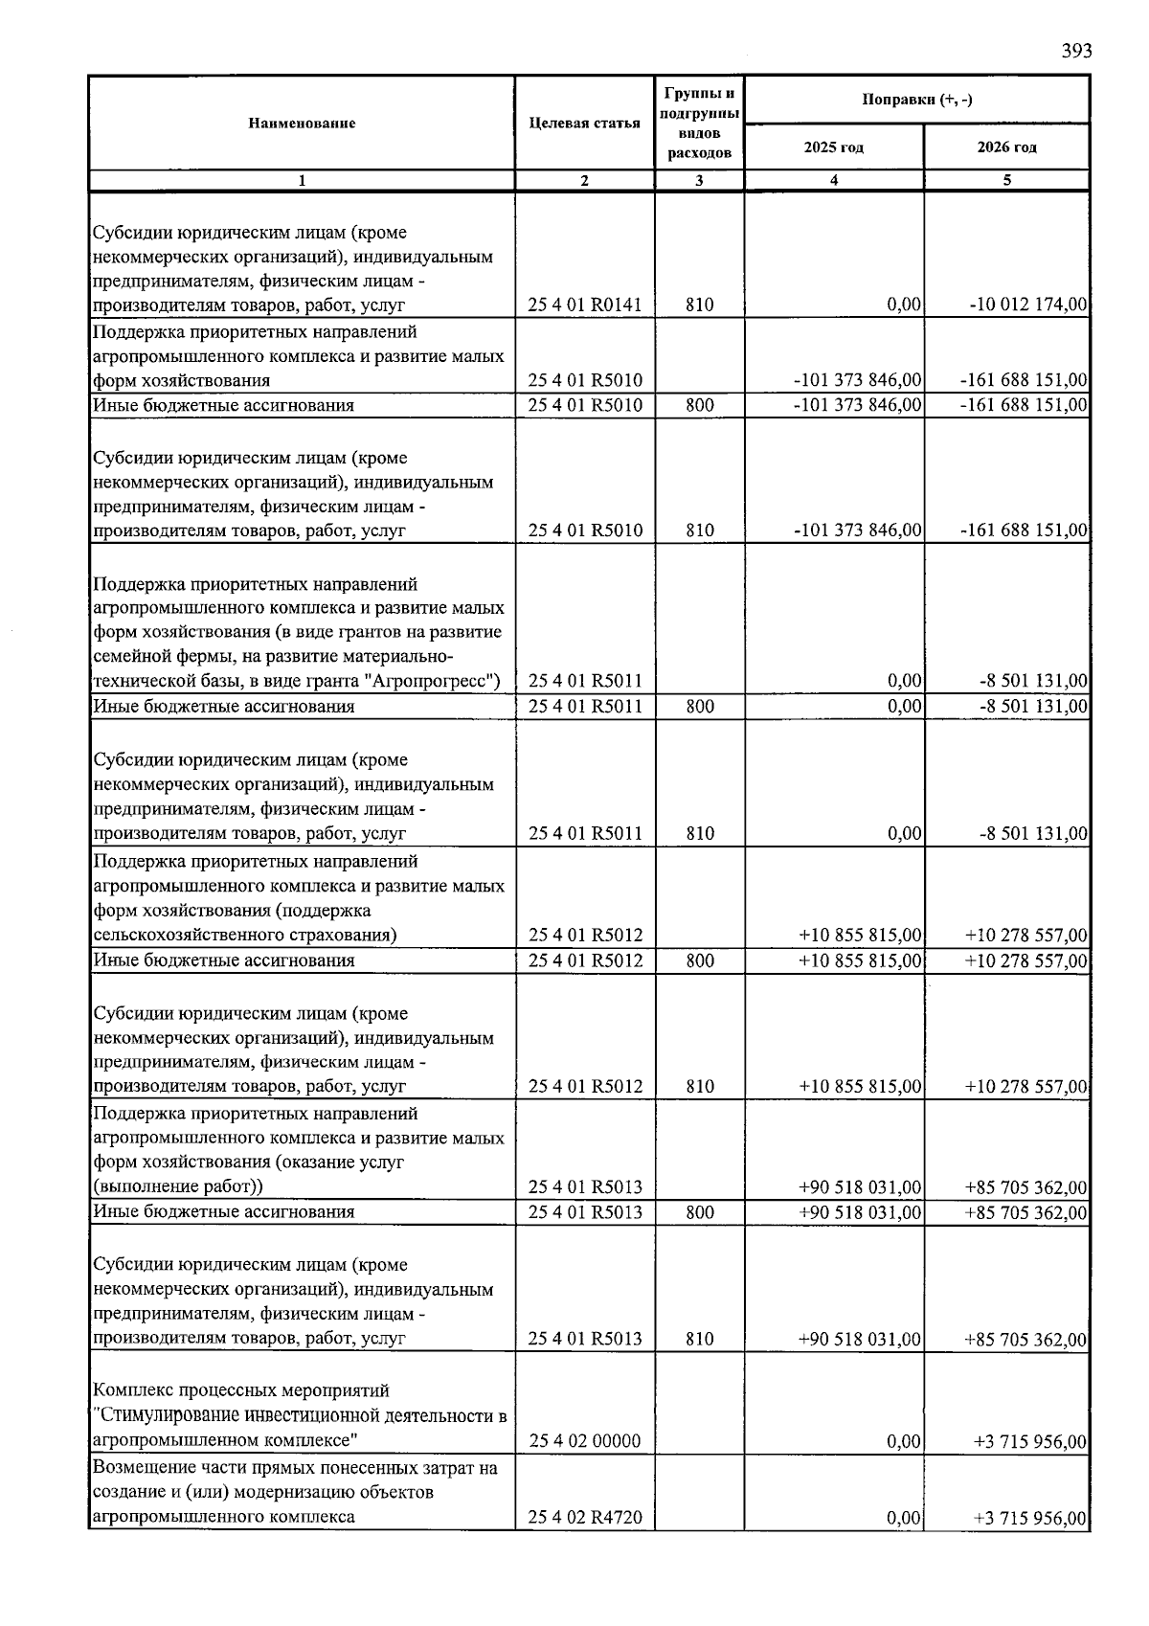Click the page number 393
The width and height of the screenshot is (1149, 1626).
click(1076, 51)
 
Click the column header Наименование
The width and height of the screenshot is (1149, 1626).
click(302, 124)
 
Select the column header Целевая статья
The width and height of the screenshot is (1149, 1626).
click(584, 124)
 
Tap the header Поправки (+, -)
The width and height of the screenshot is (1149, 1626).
click(916, 100)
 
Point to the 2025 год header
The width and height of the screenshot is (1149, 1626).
click(833, 147)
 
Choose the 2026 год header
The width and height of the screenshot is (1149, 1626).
click(1006, 147)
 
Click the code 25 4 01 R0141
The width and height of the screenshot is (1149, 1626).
click(585, 305)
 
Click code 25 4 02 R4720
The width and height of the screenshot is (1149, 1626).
click(585, 1518)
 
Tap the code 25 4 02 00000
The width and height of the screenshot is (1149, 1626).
click(585, 1441)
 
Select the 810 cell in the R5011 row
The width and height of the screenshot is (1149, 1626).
click(700, 833)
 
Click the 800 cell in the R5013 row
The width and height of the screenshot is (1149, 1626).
click(700, 1212)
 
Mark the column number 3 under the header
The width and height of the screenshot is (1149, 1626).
click(700, 180)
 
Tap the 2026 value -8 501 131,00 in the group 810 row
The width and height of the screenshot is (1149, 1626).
click(1033, 834)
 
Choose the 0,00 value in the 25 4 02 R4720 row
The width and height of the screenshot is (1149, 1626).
click(904, 1518)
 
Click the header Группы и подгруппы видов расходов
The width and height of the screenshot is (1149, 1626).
click(700, 124)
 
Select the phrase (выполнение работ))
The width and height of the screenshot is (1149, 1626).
click(178, 1187)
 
